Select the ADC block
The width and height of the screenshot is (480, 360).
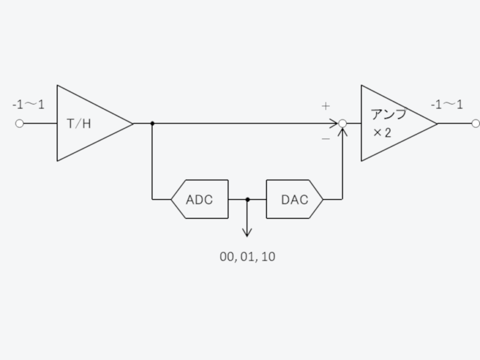pos(200,199)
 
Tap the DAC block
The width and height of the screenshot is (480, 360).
pos(295,199)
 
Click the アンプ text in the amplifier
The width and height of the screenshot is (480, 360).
pos(388,114)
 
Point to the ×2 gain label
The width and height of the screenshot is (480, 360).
pos(382,133)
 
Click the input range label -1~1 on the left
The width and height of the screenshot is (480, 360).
pos(28,105)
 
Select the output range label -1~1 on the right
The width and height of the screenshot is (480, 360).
pos(447,105)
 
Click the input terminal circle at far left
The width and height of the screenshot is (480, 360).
pos(19,124)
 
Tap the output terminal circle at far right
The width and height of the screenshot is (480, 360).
pos(475,124)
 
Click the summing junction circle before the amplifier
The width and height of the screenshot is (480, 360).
pos(343,124)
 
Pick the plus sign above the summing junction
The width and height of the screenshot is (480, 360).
pos(326,106)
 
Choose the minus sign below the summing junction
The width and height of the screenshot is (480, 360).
pos(326,139)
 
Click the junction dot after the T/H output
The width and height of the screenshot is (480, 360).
pos(152,124)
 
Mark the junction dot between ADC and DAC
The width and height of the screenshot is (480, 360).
pos(247,200)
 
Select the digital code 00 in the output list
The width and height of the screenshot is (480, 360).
pos(227,257)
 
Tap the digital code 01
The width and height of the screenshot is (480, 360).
pos(247,257)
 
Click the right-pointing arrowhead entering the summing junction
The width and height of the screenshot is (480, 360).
pos(335,124)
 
